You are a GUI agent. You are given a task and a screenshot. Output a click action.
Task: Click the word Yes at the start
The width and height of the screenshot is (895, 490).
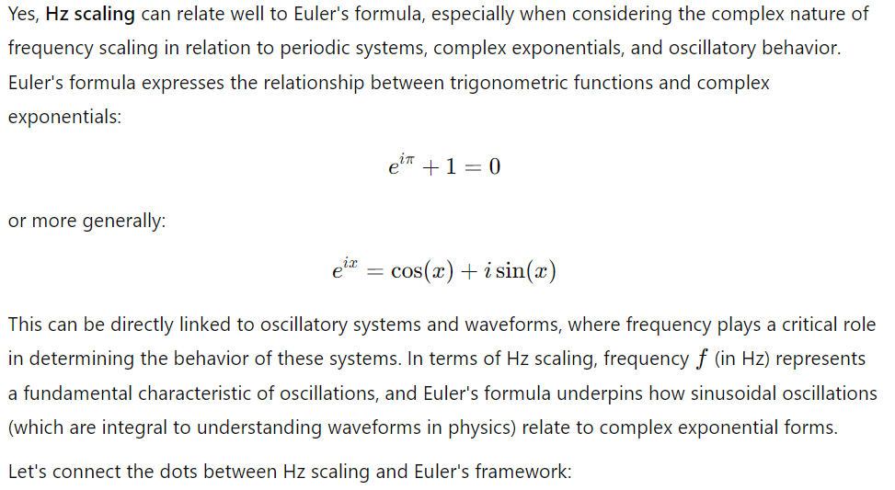coord(23,14)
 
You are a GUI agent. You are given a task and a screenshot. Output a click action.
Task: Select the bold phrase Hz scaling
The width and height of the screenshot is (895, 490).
coord(90,15)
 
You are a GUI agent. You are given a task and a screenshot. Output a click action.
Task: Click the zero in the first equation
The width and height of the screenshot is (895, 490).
coord(494,166)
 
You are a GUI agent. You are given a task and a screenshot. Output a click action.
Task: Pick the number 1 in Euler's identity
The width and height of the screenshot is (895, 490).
coord(451,166)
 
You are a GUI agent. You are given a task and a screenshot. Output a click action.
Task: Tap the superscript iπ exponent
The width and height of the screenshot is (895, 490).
coord(407,158)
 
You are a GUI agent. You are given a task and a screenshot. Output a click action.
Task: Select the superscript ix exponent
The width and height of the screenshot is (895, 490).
coord(350,262)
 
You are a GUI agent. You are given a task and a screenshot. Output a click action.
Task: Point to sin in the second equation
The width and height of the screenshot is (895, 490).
coord(510,271)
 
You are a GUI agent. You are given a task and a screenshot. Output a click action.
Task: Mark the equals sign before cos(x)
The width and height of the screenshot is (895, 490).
coord(373,272)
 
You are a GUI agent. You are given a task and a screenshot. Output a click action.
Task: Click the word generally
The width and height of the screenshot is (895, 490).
coord(124,221)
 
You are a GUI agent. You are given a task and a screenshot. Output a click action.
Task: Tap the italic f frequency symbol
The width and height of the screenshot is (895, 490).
coord(702,359)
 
